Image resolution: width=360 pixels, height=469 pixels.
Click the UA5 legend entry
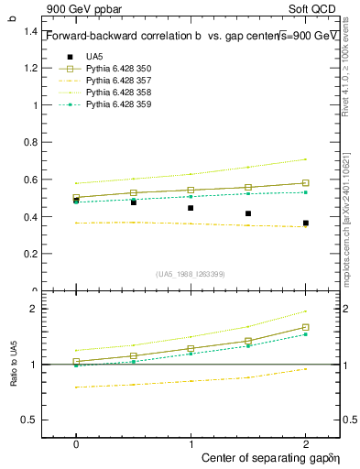pos(93,57)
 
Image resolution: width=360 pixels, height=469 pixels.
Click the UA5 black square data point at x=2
pos(306,223)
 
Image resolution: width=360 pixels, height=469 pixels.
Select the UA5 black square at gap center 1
pos(191,208)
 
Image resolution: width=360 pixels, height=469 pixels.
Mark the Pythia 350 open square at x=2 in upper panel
pos(306,183)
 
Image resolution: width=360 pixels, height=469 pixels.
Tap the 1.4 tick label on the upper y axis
pos(31,31)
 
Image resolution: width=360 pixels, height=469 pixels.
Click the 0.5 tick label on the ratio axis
pos(31,420)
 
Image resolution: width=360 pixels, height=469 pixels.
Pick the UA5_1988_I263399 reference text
pos(191,274)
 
